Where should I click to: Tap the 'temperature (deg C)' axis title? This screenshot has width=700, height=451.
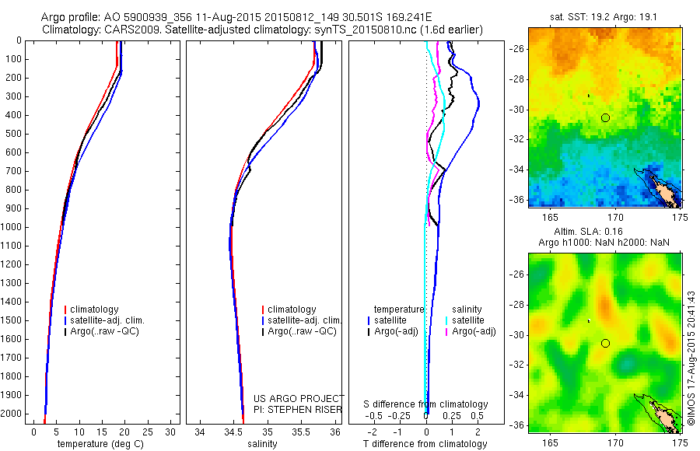pos(98,444)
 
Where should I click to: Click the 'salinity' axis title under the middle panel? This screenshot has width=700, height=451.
pos(262,444)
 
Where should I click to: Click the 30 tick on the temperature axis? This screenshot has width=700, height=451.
pos(170,432)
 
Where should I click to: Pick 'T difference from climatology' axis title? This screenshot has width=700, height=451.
pos(425,444)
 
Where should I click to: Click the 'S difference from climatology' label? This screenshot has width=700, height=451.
pos(425,404)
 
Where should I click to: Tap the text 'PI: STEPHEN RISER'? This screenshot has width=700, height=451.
pos(299,408)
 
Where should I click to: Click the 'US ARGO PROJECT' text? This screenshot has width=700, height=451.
pos(299,398)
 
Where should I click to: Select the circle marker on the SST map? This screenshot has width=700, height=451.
pos(605,117)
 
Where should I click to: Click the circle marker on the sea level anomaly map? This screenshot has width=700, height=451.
pos(605,343)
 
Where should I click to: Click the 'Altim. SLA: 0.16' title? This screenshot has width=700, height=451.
pos(605,232)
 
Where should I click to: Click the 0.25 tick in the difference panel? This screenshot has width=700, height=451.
pos(451,417)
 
